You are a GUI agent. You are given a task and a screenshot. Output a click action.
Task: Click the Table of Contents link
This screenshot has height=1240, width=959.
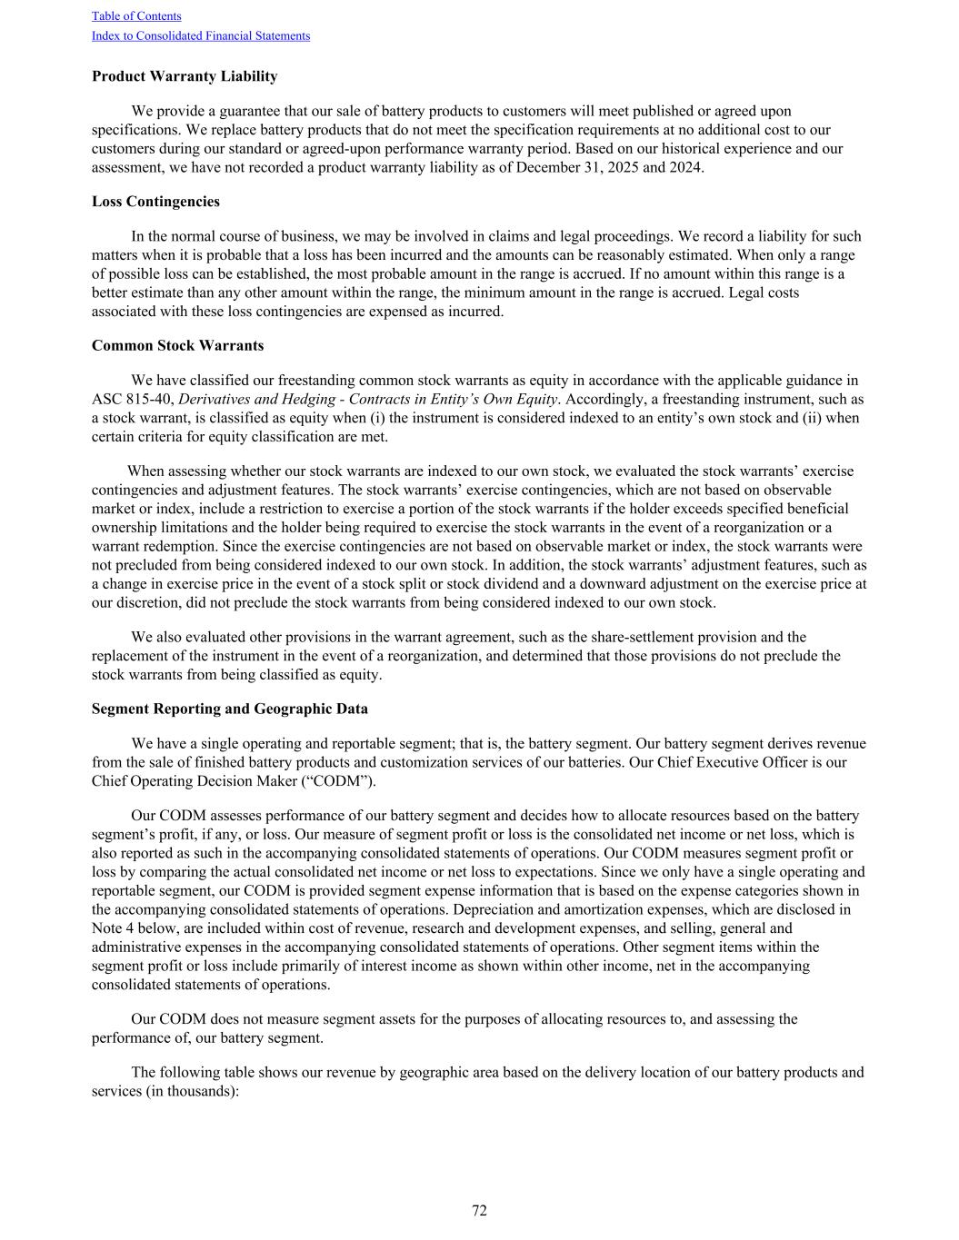[136, 16]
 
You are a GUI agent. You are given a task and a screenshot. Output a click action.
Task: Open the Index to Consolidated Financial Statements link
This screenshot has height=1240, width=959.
[200, 36]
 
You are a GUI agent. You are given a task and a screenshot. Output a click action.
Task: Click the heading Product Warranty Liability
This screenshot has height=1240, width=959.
[185, 76]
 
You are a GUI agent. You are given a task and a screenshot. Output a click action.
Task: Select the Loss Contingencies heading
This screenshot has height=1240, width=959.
[155, 202]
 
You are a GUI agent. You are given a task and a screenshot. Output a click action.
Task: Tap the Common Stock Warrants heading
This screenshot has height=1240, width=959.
[177, 346]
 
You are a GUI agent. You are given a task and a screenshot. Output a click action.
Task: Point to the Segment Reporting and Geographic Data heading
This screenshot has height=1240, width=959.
[230, 709]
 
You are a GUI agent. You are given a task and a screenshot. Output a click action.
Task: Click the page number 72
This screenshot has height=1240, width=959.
[479, 1211]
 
